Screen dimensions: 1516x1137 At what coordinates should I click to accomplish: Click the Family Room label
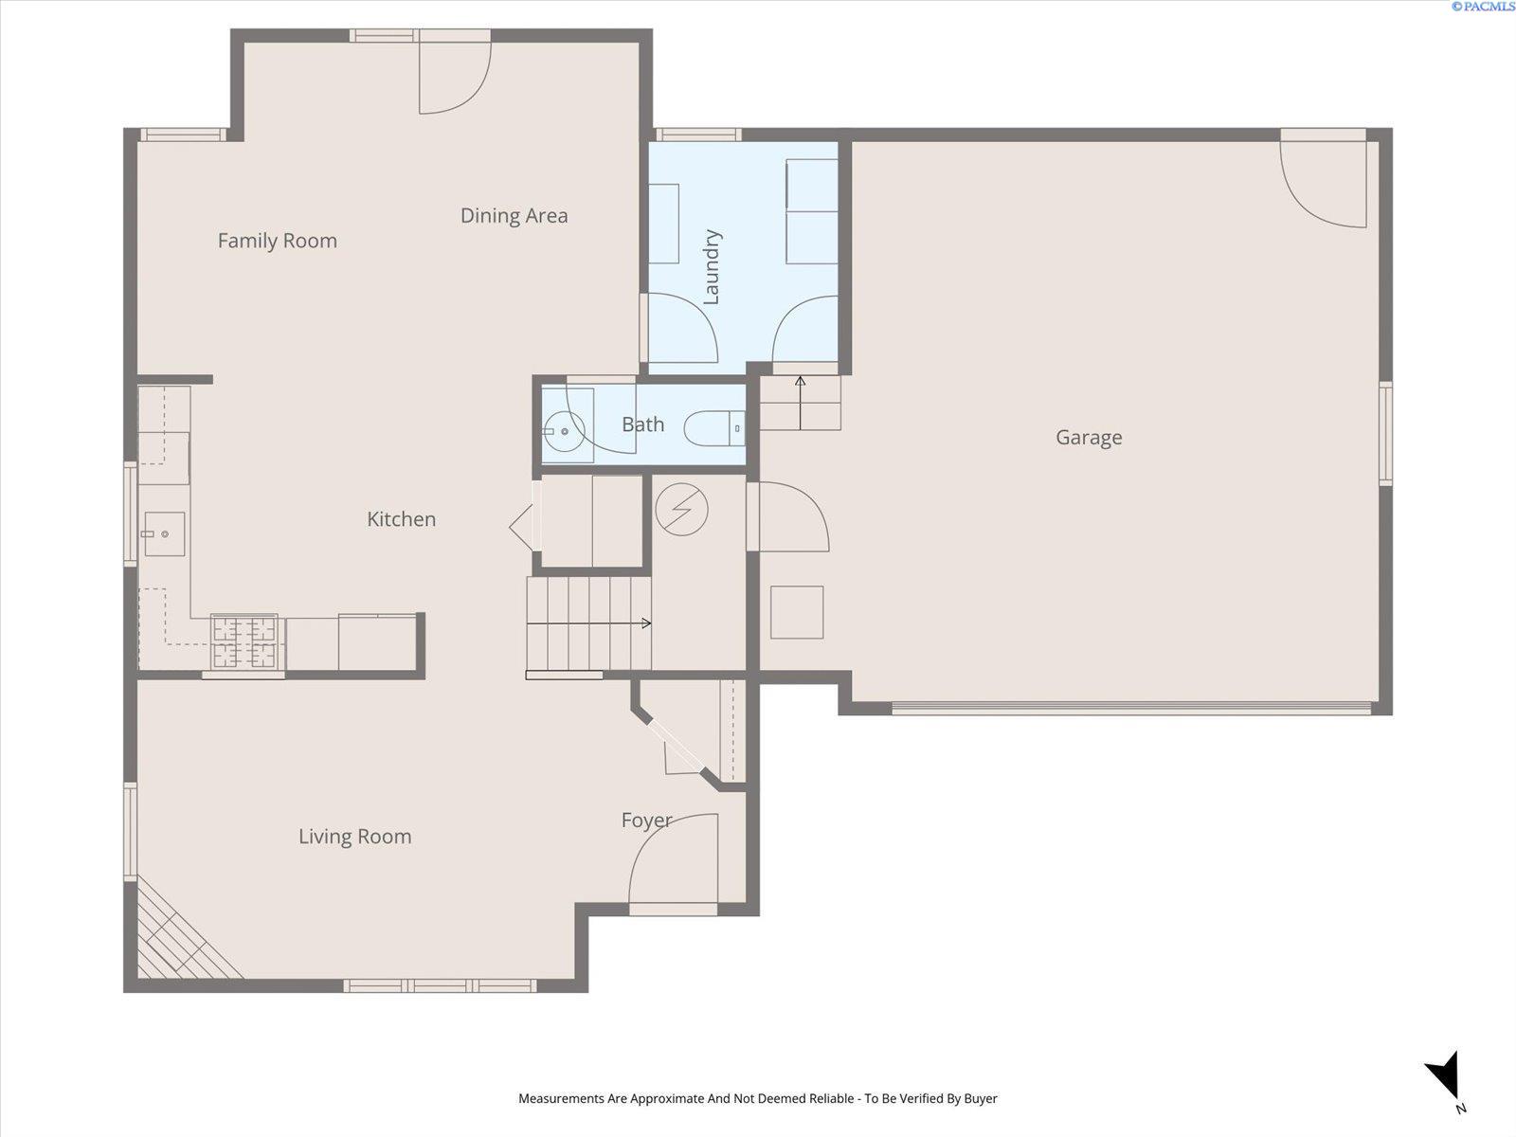pyautogui.click(x=277, y=241)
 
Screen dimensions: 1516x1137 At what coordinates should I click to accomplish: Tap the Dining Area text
pyautogui.click(x=514, y=216)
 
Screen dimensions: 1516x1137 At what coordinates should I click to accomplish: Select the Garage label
pyautogui.click(x=1089, y=438)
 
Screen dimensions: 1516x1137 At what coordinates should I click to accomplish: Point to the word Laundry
pyautogui.click(x=712, y=267)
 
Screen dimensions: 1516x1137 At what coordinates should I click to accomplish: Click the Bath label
pyautogui.click(x=642, y=424)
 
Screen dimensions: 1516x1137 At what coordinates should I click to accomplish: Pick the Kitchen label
pyautogui.click(x=402, y=519)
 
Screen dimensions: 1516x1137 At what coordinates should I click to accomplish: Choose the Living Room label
pyautogui.click(x=355, y=837)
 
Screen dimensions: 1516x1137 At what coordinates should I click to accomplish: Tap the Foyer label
pyautogui.click(x=646, y=821)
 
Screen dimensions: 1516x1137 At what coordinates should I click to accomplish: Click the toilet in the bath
pyautogui.click(x=714, y=428)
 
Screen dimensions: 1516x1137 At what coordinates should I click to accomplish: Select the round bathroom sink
pyautogui.click(x=564, y=431)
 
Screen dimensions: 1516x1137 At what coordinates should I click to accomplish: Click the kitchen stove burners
pyautogui.click(x=245, y=642)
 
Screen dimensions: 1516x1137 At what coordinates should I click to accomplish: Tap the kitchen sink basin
pyautogui.click(x=164, y=533)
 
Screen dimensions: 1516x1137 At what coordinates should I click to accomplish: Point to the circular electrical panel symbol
pyautogui.click(x=681, y=510)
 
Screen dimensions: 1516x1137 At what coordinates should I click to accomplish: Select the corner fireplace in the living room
pyautogui.click(x=182, y=933)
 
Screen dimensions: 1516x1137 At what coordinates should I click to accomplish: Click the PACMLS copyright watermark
pyautogui.click(x=1483, y=7)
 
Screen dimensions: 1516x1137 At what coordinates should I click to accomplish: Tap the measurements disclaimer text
pyautogui.click(x=758, y=1098)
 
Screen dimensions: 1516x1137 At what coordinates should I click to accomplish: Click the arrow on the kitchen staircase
pyautogui.click(x=588, y=623)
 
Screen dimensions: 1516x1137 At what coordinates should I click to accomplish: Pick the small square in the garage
pyautogui.click(x=797, y=612)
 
